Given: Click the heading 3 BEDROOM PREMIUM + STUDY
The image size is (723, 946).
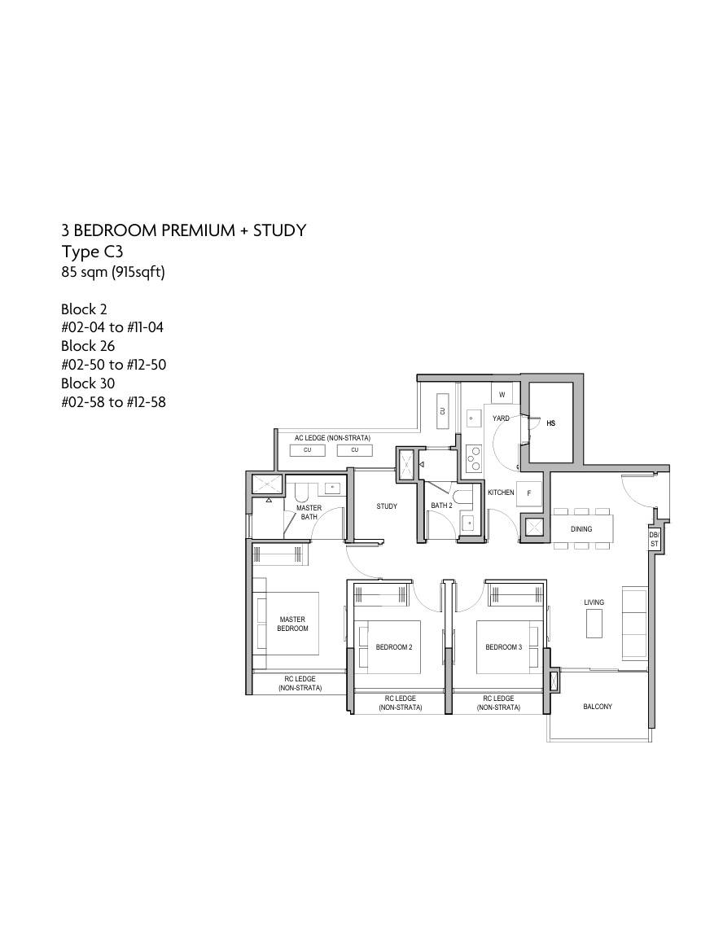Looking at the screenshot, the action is pos(183,230).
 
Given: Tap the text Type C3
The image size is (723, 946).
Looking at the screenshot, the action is pos(92,252).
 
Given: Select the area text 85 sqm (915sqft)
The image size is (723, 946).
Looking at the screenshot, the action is pos(113,272).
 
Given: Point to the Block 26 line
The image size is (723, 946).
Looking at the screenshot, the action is pos(87,346).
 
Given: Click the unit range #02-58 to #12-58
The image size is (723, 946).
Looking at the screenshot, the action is pos(113,402).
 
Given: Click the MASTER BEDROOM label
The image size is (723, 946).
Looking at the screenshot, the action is pos(292,624).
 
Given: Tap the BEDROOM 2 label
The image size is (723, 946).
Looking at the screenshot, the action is pos(394,647).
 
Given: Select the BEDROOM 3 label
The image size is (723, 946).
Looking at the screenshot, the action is pos(504,647).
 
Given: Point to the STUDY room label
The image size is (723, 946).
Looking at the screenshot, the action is pos(387,506).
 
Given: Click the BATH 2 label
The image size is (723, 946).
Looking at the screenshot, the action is pos(442,506).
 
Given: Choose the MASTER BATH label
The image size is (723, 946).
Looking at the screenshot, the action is pos(309,512).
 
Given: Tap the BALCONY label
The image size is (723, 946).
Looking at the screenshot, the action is pos(598,707).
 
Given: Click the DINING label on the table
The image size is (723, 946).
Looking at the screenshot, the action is pos(582,529).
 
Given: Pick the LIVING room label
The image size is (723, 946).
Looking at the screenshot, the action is pos(594,602).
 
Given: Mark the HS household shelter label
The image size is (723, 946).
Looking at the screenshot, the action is pos(551,423).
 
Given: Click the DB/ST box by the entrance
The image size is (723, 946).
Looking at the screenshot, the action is pos(654,540).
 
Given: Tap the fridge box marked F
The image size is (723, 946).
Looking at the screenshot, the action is pos(529,493).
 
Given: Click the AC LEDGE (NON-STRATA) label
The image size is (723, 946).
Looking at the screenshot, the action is pos(332,438).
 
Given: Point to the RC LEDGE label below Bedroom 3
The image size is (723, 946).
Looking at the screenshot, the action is pos(498,703).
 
